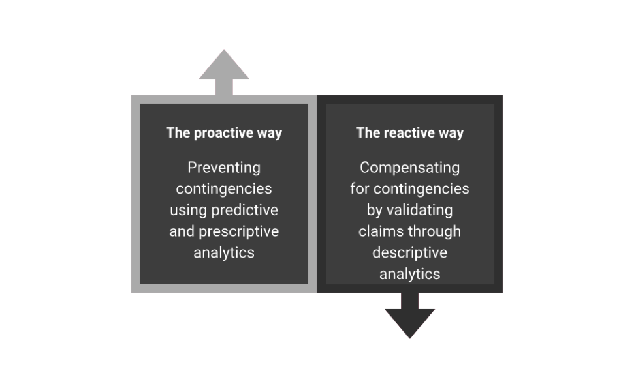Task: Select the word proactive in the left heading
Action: point(223,133)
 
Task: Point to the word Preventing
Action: point(224,168)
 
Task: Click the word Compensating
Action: point(409,168)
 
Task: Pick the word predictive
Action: point(245,210)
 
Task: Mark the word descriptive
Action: point(409,252)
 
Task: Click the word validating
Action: point(419,210)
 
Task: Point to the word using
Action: point(189,210)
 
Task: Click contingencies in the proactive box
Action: point(224,188)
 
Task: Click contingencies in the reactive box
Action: point(421,188)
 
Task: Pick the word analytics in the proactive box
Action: point(224,253)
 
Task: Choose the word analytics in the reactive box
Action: point(409,274)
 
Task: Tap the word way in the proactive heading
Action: point(269,134)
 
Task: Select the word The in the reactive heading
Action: point(368,133)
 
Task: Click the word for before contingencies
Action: point(360,188)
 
